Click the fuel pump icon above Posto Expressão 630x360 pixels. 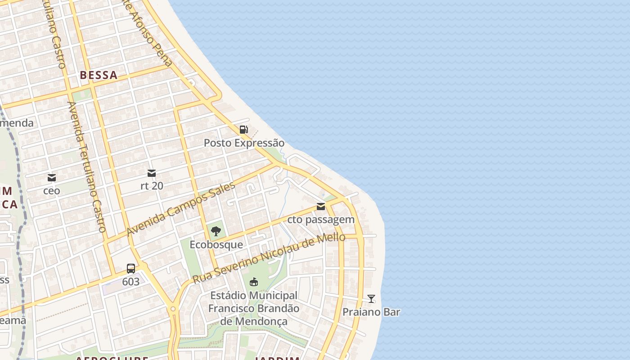coord(243,130)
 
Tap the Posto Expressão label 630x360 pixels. coord(244,143)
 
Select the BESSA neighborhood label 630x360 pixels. coord(99,75)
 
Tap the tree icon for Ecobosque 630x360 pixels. coord(216,232)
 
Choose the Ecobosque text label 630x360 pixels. coord(216,245)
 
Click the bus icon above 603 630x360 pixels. coord(131,269)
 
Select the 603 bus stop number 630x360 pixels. coord(131,282)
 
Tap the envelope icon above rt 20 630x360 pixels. coord(152,173)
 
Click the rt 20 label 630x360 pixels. coord(152,185)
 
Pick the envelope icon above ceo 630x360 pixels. coord(52,178)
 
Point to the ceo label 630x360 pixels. coord(52,191)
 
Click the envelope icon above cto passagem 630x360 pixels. coord(321,207)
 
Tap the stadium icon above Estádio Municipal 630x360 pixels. coord(254,282)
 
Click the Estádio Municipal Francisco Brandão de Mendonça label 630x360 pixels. coord(254,309)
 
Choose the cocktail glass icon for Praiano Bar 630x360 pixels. coord(371,298)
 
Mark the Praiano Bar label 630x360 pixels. coord(371,312)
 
